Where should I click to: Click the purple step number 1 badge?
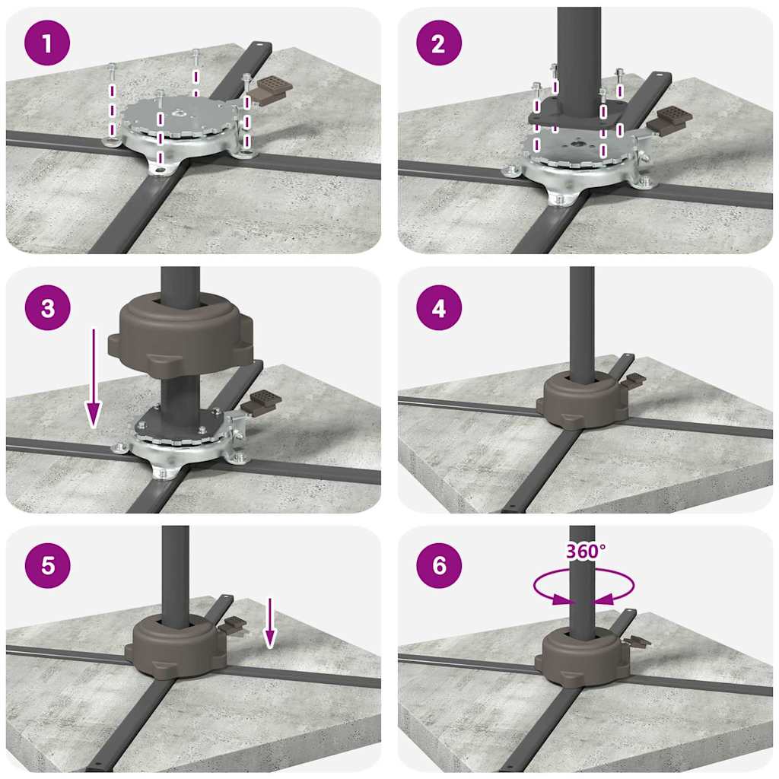tap(47, 43)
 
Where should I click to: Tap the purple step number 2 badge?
tap(439, 43)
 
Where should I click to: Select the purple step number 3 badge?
tap(47, 307)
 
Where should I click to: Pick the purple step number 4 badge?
tap(439, 307)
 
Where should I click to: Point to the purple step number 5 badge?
tap(47, 565)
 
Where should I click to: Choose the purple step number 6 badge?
tap(439, 565)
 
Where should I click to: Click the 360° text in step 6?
tap(586, 551)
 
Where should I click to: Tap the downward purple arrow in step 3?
tap(93, 377)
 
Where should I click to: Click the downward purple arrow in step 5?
tap(269, 623)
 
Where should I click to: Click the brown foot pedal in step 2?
tap(669, 120)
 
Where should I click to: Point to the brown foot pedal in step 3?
tap(261, 402)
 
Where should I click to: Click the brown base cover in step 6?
tap(582, 657)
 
